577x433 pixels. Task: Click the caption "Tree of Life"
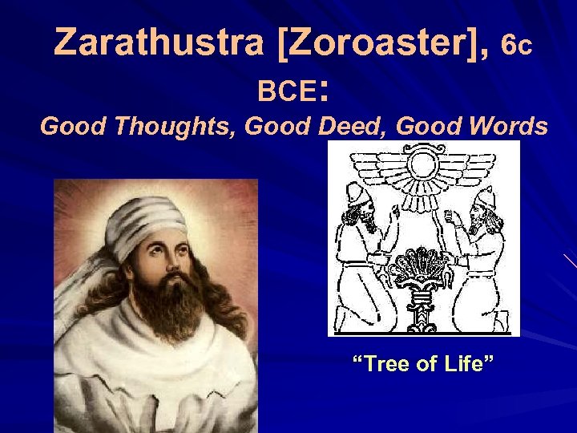coord(425,365)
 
